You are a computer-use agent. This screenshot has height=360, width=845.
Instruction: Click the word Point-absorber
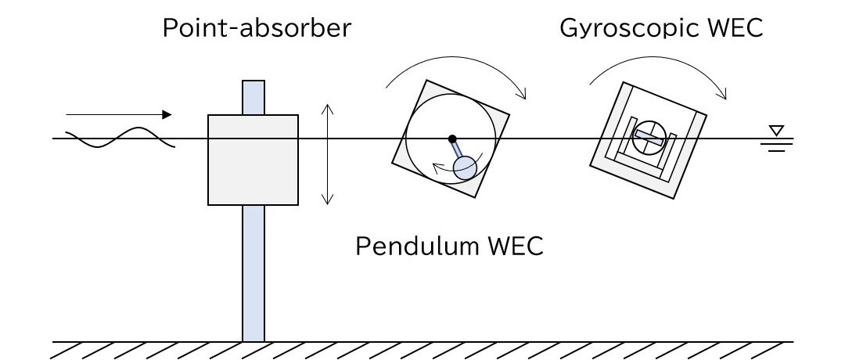click(257, 31)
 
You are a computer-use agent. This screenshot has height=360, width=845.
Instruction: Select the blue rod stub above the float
click(253, 97)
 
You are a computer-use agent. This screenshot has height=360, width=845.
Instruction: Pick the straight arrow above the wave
click(117, 115)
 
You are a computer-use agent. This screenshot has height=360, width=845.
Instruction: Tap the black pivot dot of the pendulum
click(452, 139)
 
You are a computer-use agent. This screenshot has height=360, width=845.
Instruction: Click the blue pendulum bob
click(466, 167)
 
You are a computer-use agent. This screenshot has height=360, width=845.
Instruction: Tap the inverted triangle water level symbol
click(775, 130)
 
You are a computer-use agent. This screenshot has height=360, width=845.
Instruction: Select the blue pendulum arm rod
click(458, 152)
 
